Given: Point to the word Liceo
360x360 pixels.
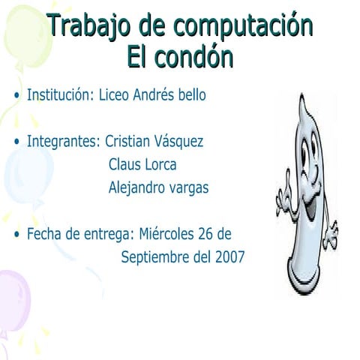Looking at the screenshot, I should click(x=115, y=96).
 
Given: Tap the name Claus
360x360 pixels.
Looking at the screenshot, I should click(x=124, y=164).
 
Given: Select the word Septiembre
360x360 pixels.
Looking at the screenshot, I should click(x=155, y=257).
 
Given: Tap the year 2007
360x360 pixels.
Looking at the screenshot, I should click(x=229, y=257).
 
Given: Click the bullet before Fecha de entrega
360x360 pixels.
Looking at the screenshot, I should click(x=17, y=235).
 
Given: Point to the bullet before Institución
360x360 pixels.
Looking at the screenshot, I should click(x=17, y=97).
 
